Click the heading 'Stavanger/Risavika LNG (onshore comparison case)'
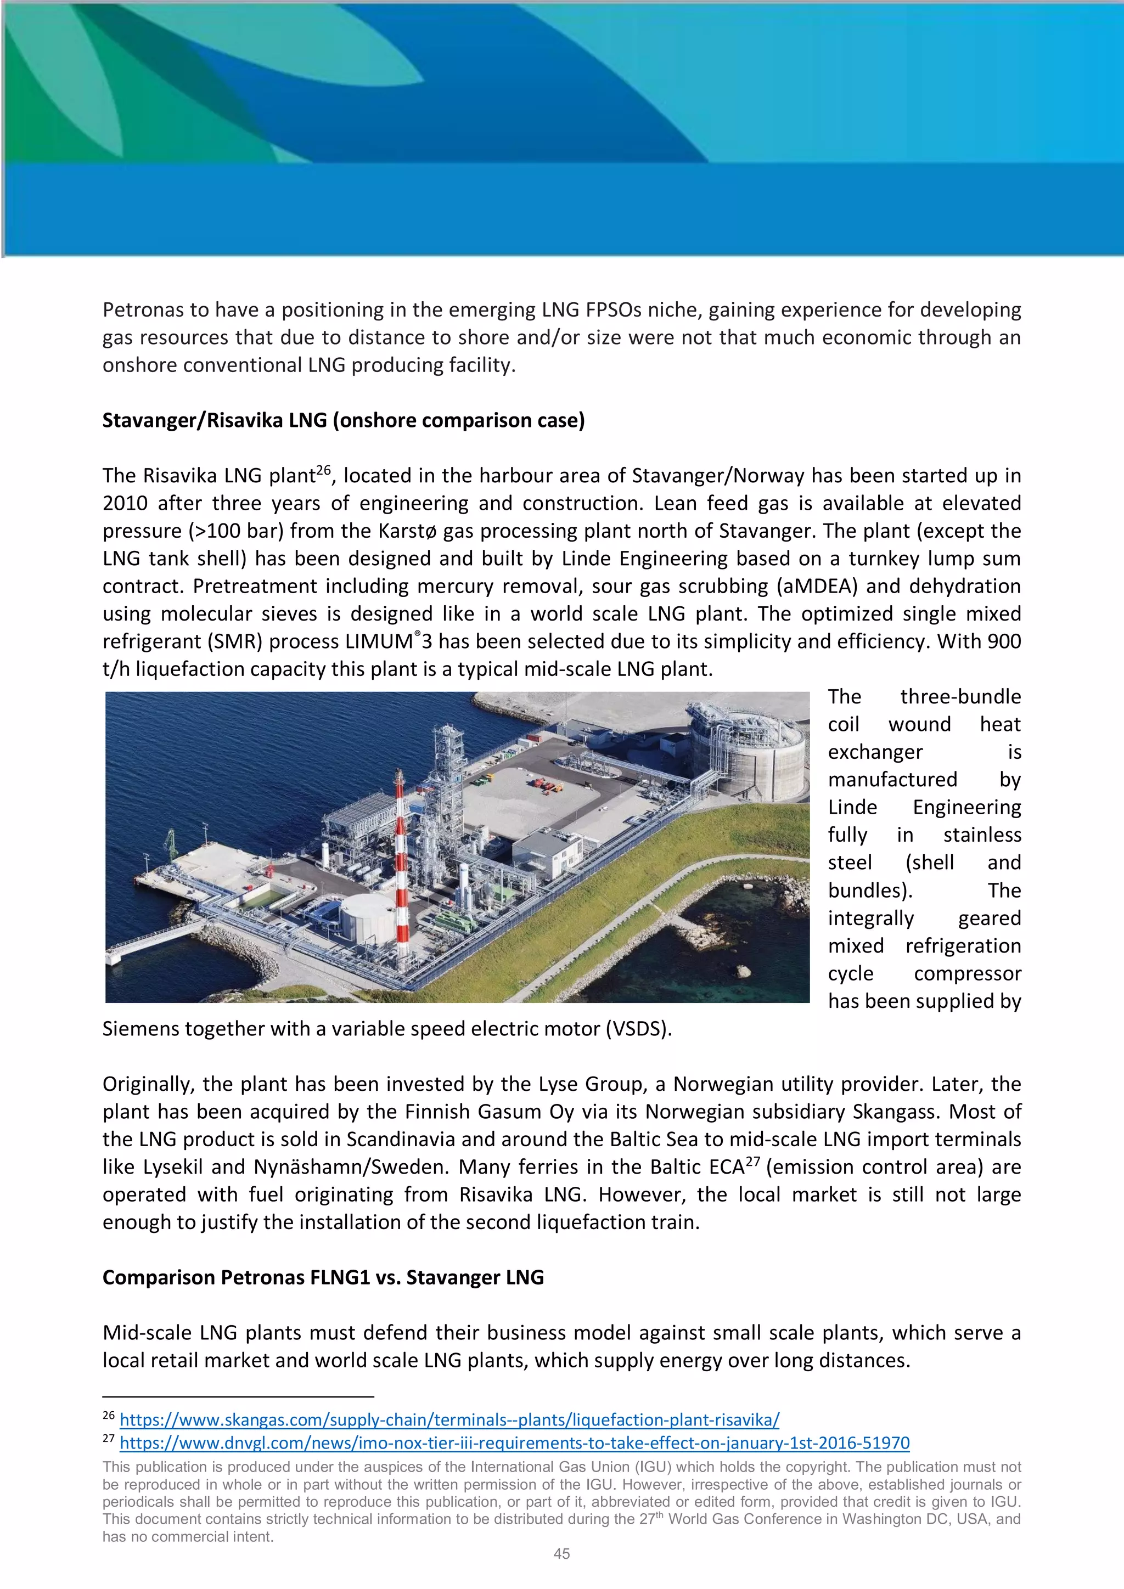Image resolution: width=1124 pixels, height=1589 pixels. point(343,420)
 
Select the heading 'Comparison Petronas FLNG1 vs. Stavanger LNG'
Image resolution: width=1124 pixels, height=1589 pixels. point(323,1277)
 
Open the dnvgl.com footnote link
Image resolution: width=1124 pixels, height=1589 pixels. point(514,1443)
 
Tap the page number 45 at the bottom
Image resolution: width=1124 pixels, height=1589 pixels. point(561,1554)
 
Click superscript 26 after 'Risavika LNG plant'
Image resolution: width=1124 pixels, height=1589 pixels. point(323,471)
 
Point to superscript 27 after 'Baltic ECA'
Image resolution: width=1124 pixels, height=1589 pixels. point(752,1162)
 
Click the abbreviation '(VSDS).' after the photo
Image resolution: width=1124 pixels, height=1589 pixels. point(638,1028)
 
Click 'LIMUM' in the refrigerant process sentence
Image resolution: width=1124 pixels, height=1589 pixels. point(379,641)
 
